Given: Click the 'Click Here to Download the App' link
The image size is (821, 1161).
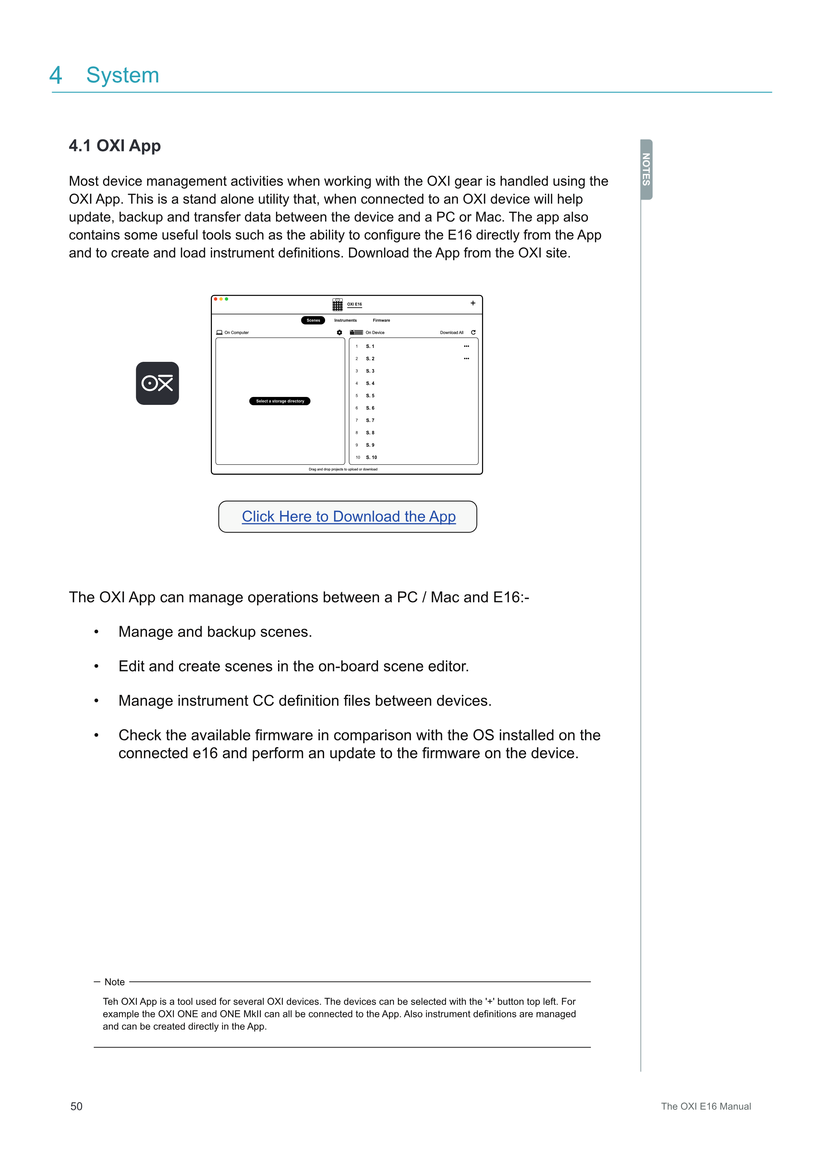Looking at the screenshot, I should (x=348, y=516).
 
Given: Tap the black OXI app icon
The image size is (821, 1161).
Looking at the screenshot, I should (x=157, y=383).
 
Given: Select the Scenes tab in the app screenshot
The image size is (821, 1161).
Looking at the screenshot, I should (x=313, y=320).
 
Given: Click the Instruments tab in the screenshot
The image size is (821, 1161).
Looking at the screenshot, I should (x=345, y=320).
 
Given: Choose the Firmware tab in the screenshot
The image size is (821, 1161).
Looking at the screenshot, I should (x=381, y=320).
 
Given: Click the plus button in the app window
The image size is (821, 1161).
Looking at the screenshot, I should (x=473, y=303).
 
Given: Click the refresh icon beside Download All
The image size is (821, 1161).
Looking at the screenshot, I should (x=473, y=332).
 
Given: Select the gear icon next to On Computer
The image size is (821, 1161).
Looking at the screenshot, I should (x=339, y=332).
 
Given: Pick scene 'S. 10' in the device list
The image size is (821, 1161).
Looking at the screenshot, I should (x=371, y=457).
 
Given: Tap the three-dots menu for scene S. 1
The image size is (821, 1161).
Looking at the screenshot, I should (x=466, y=346).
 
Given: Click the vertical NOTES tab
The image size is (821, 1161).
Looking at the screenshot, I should (x=646, y=169).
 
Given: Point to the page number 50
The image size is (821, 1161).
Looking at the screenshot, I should (x=76, y=1106).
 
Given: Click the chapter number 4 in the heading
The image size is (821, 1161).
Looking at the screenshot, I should (x=56, y=75).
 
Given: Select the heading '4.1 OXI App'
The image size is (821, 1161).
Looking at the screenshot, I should (x=115, y=146).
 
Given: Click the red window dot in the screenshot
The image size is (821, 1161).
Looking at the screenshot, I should (x=216, y=299).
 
